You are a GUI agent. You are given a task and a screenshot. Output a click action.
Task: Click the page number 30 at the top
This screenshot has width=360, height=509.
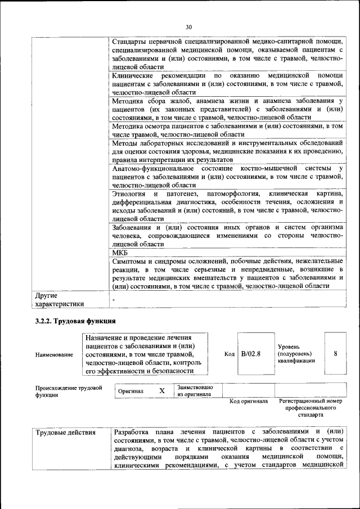pos(188,26)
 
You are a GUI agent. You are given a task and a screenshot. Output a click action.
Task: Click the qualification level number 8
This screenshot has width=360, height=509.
pos(335,354)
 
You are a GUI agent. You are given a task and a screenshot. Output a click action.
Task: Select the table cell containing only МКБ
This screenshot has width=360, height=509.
pos(120,254)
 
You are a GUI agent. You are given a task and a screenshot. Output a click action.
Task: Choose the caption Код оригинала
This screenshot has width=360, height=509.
pos(248,402)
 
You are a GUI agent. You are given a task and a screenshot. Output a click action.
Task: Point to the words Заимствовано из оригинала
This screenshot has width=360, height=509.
pos(195,391)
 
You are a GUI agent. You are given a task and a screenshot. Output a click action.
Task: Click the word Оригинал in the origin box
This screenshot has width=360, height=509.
pos(131,391)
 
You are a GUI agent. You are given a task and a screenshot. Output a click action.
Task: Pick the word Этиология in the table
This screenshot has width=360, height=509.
pos(129,195)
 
